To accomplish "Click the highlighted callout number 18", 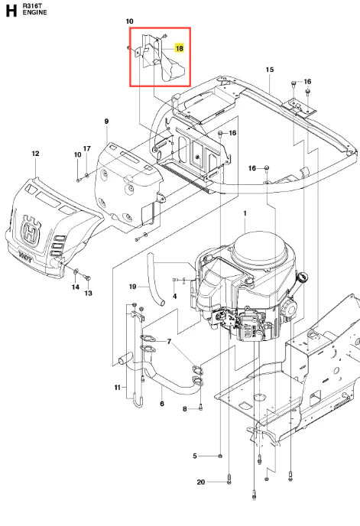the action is point(180,48).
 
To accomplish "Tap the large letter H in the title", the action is point(11,11).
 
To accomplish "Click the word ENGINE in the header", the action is point(35,12).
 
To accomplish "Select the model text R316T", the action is point(31,5).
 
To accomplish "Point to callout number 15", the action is point(270,70).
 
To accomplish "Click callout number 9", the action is point(107,121).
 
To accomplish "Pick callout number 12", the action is point(36,154).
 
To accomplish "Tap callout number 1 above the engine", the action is point(245,213).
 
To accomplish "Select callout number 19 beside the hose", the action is point(132,287).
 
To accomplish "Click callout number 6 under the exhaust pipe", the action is point(162,404).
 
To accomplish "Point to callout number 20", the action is point(200,482).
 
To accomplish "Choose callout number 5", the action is point(195,456).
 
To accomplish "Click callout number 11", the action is point(117,388).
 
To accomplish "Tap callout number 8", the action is point(185,409).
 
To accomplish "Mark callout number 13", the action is point(88,293).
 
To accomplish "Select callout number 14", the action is point(76,287).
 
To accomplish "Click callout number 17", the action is point(87,148).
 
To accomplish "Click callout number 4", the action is point(175,296).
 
